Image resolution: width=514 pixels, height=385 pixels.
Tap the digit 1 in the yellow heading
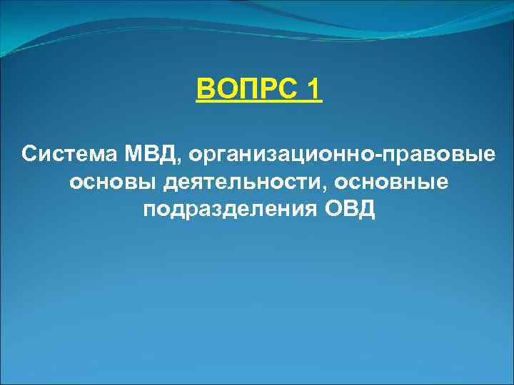point(312,93)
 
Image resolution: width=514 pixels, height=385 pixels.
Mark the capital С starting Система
point(29,154)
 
